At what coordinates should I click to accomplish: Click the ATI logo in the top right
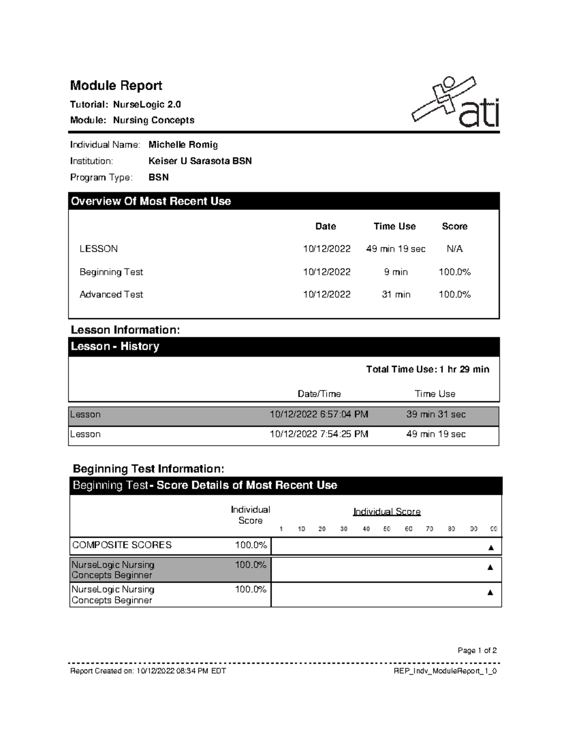455,102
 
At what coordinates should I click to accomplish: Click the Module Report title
116,86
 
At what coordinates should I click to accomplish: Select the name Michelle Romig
183,145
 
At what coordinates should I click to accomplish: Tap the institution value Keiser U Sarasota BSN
200,161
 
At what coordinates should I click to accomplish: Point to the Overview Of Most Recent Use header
151,201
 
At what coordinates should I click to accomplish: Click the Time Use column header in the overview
394,226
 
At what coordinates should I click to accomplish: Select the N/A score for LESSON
454,249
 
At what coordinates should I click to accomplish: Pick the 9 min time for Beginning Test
396,272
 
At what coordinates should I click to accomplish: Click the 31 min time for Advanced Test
396,295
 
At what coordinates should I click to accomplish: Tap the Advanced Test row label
111,295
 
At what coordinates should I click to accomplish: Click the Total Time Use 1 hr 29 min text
427,369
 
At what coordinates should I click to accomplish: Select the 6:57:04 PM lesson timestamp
318,415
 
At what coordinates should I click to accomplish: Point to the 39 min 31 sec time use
436,415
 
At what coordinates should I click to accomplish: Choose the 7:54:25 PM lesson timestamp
318,434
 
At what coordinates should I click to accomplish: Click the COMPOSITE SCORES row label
122,545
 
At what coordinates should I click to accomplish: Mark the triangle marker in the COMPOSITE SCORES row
491,547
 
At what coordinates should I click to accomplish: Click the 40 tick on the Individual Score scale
366,529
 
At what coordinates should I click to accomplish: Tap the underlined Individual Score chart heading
386,512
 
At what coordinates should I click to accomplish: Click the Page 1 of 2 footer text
477,651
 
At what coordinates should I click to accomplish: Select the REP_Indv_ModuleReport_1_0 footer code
445,671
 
